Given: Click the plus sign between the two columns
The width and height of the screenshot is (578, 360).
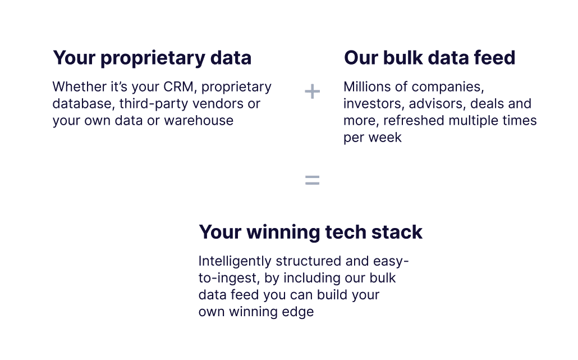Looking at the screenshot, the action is [x=312, y=92].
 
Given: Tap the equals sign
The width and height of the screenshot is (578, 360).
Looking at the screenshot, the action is [x=312, y=180].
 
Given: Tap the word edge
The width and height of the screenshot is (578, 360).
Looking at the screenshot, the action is [x=299, y=312].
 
